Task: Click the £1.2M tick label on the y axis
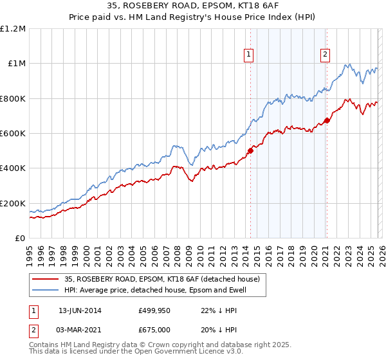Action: coord(13,28)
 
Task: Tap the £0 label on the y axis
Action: coord(20,238)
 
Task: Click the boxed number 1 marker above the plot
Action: coord(249,55)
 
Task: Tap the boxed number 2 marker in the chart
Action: coord(326,55)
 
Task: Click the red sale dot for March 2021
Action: coord(327,120)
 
